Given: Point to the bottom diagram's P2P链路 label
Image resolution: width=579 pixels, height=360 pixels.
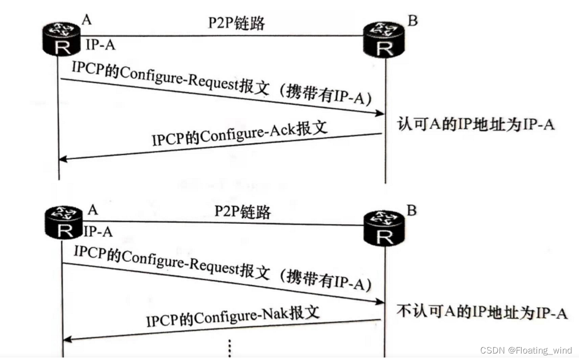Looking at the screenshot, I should (243, 212).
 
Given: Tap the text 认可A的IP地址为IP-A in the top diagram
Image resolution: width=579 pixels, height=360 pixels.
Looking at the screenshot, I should (476, 124).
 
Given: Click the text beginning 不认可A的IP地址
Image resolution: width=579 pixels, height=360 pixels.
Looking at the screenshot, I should (482, 312).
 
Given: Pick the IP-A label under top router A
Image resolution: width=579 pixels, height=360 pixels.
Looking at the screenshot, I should (101, 45).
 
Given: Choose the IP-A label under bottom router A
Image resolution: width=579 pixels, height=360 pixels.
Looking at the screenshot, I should (98, 232).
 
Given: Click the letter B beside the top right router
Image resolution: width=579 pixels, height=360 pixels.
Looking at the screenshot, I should (412, 20).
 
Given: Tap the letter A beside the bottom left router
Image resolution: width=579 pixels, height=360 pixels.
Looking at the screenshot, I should (93, 210).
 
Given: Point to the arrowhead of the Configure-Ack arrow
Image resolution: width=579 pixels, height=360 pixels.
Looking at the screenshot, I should (62, 159).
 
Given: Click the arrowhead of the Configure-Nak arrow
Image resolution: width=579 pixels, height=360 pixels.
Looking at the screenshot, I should (66, 340).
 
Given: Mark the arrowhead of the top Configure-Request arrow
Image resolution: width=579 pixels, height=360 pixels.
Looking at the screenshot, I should (380, 114).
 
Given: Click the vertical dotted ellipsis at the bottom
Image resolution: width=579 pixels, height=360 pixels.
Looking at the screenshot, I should (230, 348).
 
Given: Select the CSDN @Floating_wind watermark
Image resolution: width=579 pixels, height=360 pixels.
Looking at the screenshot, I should (526, 351).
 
